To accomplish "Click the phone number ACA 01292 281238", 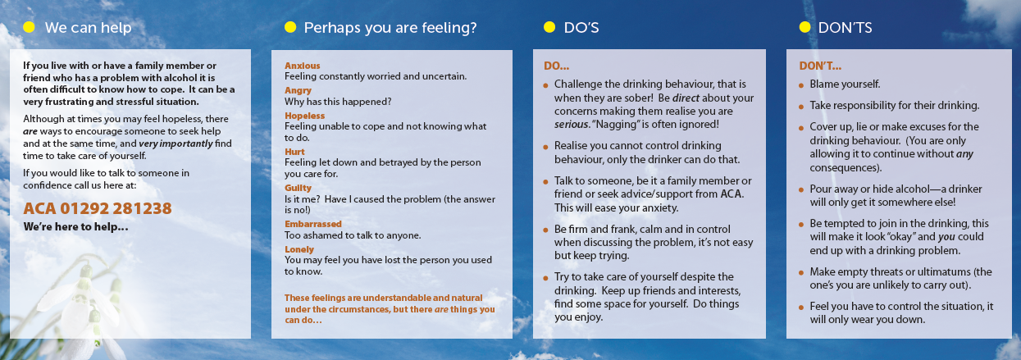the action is pyautogui.click(x=98, y=208).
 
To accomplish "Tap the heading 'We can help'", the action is pyautogui.click(x=88, y=28).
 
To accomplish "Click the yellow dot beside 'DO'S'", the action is pyautogui.click(x=549, y=27).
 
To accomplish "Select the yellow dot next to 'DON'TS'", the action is pyautogui.click(x=805, y=27).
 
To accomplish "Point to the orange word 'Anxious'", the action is pyautogui.click(x=302, y=66).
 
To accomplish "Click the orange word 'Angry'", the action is pyautogui.click(x=298, y=91).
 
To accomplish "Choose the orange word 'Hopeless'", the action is pyautogui.click(x=304, y=116).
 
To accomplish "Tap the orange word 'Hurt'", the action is pyautogui.click(x=294, y=152).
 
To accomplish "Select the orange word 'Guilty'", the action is pyautogui.click(x=298, y=189).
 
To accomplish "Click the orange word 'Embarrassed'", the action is pyautogui.click(x=313, y=224).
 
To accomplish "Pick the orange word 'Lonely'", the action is pyautogui.click(x=299, y=250).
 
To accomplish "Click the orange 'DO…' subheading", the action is pyautogui.click(x=556, y=66).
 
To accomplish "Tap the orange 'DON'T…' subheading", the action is pyautogui.click(x=820, y=66).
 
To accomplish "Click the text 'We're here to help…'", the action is pyautogui.click(x=75, y=226).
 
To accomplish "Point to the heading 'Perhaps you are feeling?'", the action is pyautogui.click(x=390, y=28).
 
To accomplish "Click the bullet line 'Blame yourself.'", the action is pyautogui.click(x=845, y=84).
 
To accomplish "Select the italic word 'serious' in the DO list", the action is pyautogui.click(x=572, y=125).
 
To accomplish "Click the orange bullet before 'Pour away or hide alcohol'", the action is pyautogui.click(x=801, y=189).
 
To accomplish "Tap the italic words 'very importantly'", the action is pyautogui.click(x=175, y=144).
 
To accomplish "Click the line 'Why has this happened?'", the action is pyautogui.click(x=338, y=102).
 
